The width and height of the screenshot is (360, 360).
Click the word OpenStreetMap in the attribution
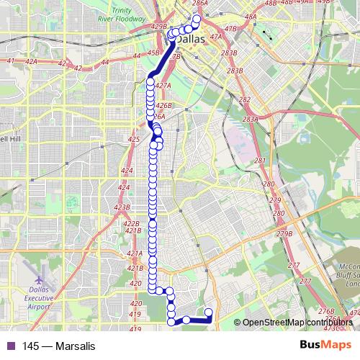coord(272,323)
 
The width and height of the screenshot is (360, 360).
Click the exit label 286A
coord(201,4)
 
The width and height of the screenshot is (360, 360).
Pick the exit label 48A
coord(251,16)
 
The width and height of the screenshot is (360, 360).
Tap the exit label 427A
coord(163,85)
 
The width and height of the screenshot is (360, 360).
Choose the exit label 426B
coord(163,106)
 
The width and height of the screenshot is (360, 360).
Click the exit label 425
coord(133,139)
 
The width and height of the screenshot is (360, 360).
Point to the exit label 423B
coord(122,207)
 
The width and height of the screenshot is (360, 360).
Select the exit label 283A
coord(251,120)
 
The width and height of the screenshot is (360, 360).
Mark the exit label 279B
coord(284,234)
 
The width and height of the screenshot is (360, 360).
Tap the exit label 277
coord(294,266)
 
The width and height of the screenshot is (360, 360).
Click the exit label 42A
coord(32,62)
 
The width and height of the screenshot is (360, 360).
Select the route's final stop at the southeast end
coord(209,312)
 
